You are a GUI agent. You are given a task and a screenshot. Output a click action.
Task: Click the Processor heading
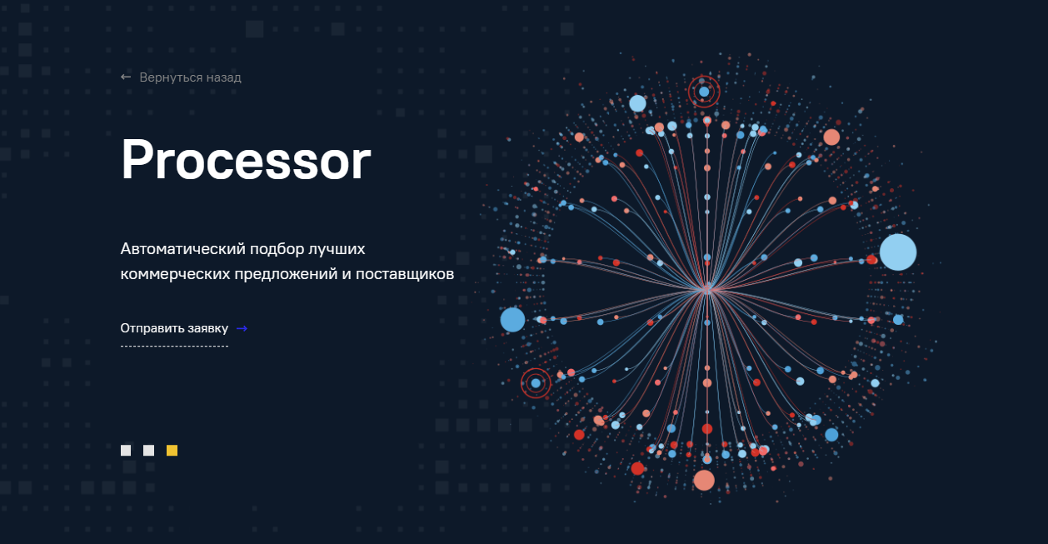tap(246, 160)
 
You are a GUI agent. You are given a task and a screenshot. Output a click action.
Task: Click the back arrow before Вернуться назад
tap(126, 77)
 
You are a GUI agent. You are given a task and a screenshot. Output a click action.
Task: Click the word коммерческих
tap(175, 274)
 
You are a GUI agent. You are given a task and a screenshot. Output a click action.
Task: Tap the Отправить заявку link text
tap(174, 328)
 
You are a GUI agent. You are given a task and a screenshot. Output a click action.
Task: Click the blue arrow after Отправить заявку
tap(242, 329)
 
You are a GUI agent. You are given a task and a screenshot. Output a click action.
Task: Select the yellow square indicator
tap(172, 451)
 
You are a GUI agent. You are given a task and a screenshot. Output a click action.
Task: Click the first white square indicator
tap(126, 451)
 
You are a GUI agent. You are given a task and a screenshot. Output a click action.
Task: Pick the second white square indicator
tap(149, 451)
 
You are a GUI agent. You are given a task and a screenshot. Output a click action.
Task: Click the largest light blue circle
tap(898, 252)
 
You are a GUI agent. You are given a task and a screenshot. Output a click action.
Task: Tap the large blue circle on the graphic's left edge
tap(513, 320)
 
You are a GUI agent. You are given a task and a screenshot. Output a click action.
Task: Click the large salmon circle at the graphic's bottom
tap(704, 481)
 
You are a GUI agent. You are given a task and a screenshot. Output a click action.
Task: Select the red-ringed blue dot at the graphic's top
tap(704, 92)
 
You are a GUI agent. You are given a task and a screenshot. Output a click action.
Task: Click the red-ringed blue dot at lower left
tap(536, 383)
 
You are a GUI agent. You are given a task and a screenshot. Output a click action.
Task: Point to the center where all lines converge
tap(707, 290)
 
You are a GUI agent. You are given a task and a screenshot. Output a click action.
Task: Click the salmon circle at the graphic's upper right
tap(831, 137)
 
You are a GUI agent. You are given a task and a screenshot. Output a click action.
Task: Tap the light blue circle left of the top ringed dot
tap(637, 103)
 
